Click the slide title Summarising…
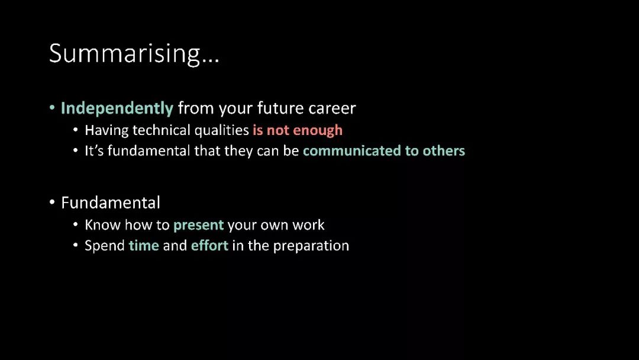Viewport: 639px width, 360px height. pos(134,53)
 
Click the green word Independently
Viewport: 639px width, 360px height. pos(117,108)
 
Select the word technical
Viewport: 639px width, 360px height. pos(162,130)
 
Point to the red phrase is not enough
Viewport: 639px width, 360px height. pos(298,130)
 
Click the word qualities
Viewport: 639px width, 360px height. pos(221,130)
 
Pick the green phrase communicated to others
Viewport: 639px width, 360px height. pos(384,151)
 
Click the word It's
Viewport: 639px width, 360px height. pos(94,151)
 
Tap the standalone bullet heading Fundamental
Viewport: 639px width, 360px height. pos(111,202)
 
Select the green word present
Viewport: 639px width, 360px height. pos(198,226)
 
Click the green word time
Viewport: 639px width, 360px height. pos(144,246)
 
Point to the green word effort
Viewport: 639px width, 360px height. pos(209,246)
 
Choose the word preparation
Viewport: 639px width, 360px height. pos(311,246)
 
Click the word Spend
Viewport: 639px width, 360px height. pos(105,246)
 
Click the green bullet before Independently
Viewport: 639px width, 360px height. pos(52,108)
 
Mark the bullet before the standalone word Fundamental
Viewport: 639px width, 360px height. pos(52,202)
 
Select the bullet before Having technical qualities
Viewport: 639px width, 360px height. pos(75,130)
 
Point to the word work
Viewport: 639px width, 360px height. pos(308,225)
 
